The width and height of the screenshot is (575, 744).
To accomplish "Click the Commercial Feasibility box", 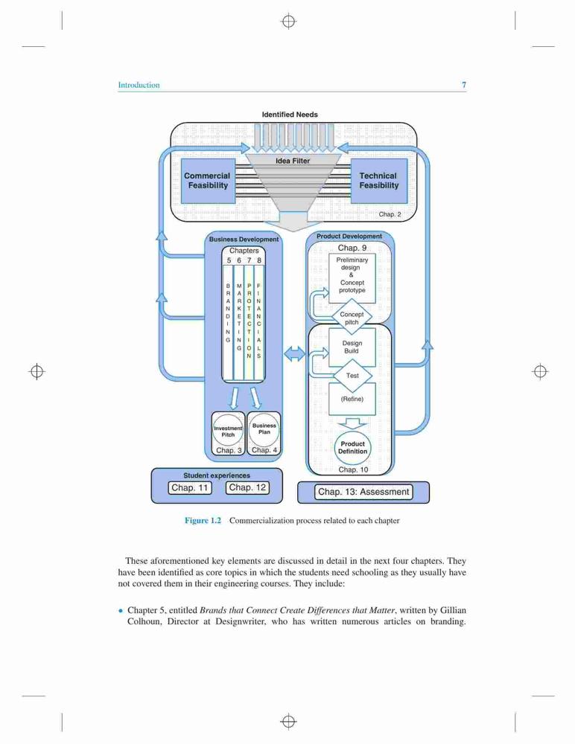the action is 208,181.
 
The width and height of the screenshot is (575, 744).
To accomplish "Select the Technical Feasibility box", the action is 378,181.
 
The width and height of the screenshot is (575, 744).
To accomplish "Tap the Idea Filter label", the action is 293,161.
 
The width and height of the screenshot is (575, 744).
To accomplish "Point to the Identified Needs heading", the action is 290,115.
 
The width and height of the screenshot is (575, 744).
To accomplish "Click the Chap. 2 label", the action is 390,214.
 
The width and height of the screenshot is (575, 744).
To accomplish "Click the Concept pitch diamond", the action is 352,318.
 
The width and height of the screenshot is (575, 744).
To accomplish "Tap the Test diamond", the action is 352,375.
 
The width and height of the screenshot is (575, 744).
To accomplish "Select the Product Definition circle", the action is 352,447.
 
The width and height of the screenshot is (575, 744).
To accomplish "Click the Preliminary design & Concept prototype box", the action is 352,278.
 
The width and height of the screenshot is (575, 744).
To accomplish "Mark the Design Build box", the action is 352,347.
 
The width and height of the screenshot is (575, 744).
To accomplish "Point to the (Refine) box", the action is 352,399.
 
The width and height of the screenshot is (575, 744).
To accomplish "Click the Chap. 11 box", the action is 190,488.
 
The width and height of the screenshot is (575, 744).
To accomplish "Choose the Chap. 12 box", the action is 247,487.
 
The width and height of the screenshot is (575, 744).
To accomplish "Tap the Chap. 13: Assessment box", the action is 363,492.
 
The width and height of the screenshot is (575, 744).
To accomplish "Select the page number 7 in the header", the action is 464,85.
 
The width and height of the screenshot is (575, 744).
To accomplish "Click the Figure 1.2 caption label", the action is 203,521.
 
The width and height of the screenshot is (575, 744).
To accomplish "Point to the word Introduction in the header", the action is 139,85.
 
